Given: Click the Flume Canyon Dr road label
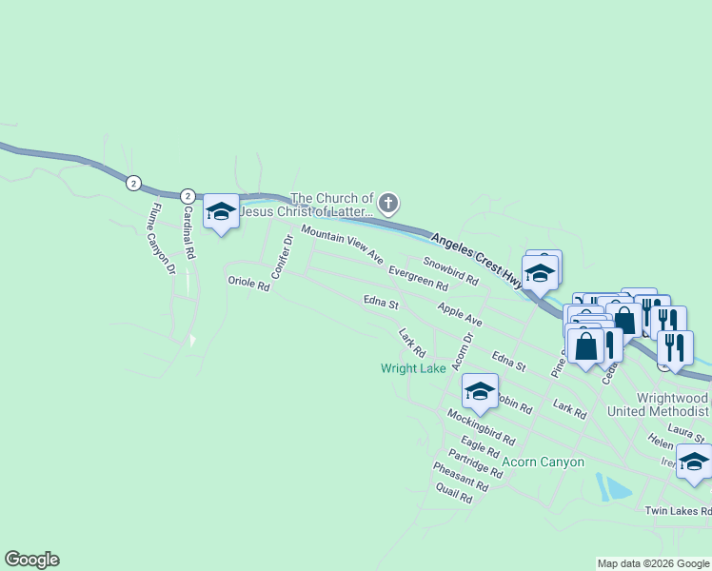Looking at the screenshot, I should point(165,239).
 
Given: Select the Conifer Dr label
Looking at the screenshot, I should point(281,258).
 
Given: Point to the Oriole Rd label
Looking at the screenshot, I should point(249,283).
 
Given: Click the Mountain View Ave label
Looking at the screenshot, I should point(343,246).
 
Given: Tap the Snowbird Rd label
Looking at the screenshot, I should point(450,272).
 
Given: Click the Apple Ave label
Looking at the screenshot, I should point(460,315).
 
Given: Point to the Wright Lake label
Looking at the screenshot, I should point(413,368).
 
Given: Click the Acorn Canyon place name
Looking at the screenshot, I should point(543,463).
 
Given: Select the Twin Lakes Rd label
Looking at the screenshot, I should point(678,511).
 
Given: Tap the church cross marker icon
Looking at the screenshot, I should point(387,203).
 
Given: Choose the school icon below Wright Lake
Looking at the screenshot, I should point(480,391).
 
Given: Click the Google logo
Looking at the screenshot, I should point(31,560).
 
